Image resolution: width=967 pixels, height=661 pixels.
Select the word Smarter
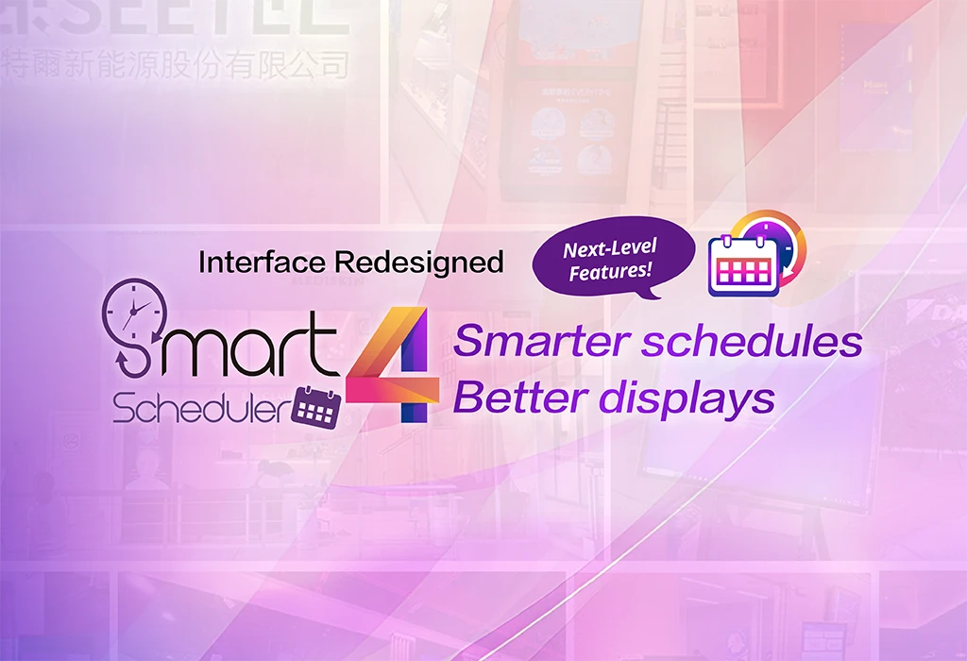(x=540, y=341)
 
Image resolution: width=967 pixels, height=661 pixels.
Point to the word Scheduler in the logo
(x=200, y=407)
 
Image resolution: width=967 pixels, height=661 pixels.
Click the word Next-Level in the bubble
(x=609, y=250)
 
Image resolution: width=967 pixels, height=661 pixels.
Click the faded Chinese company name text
(x=175, y=65)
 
